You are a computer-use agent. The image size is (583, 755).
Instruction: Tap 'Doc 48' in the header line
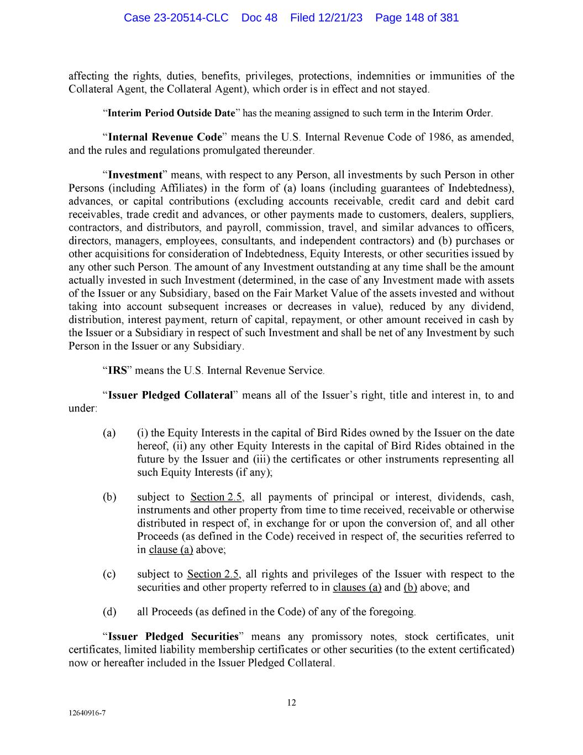(259, 18)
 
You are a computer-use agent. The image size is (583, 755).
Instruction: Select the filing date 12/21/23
(342, 18)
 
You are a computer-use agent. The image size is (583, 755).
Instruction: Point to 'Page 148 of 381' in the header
(417, 18)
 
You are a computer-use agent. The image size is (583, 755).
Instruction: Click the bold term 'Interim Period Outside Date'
(171, 113)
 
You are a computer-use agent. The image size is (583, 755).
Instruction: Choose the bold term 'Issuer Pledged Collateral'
(170, 395)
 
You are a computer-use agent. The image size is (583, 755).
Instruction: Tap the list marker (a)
(109, 433)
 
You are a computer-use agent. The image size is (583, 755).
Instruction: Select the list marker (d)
(109, 612)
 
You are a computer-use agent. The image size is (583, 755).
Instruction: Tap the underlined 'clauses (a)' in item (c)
(357, 587)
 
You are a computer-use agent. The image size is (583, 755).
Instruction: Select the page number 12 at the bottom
(291, 703)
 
